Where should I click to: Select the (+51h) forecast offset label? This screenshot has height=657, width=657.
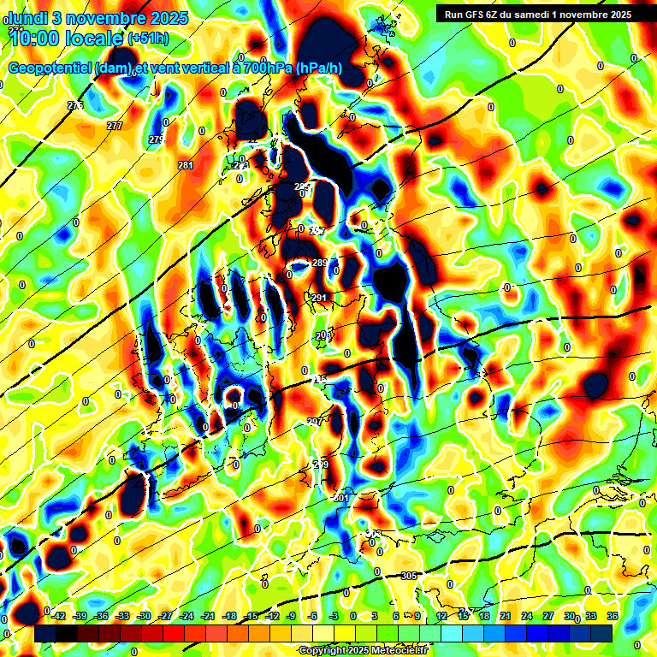point(148,38)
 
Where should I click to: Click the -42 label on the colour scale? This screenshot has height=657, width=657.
point(57,616)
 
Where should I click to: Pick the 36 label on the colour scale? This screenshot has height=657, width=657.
point(613,616)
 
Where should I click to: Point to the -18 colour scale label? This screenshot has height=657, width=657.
point(228,616)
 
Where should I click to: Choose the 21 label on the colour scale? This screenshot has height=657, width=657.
point(506,616)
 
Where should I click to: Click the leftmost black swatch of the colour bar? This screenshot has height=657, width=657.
point(45,632)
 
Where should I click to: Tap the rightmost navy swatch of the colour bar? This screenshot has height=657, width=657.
point(601,632)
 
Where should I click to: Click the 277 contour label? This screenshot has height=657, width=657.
point(115,126)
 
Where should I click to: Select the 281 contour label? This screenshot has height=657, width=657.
point(186,165)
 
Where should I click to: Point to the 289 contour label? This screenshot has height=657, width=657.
point(319,263)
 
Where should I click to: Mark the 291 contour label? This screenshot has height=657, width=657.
point(319,298)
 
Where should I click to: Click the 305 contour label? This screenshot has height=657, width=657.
point(409,576)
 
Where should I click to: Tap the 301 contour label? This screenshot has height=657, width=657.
point(341,497)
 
